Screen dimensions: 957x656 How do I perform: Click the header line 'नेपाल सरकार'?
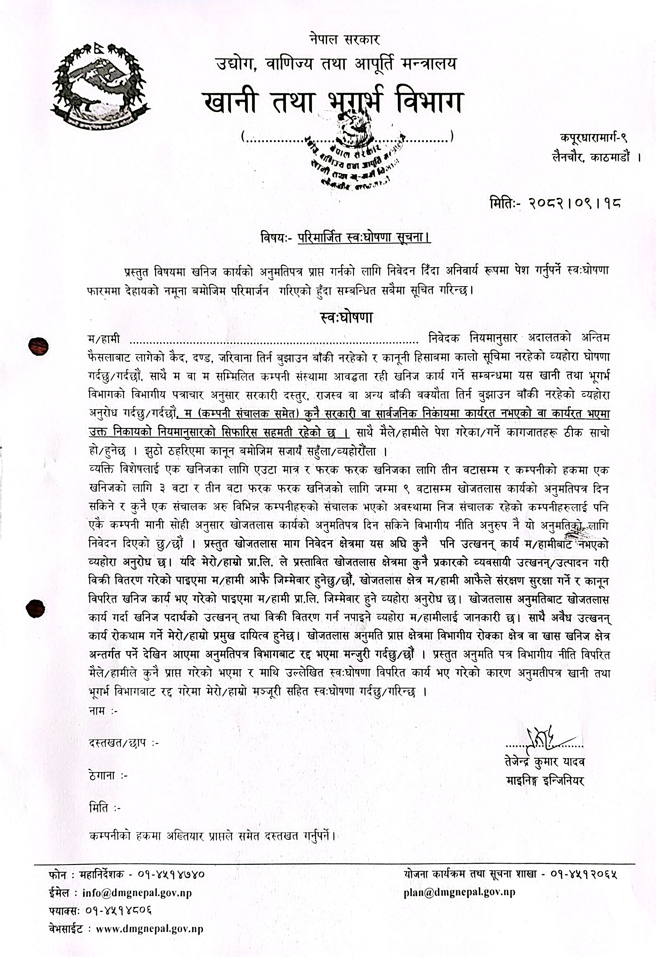(x=344, y=40)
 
